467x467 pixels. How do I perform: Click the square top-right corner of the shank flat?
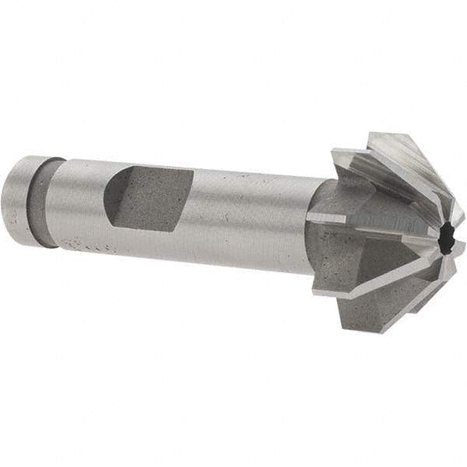point(191,170)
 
